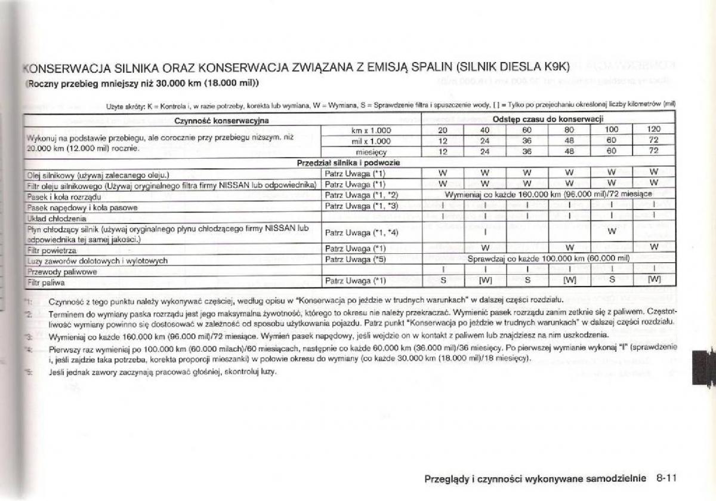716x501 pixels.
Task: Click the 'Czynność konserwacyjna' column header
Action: [x=221, y=121]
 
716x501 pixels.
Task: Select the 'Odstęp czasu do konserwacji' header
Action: [x=548, y=119]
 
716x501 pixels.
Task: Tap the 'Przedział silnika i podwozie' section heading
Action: [x=348, y=162]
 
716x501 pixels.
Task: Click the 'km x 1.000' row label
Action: [x=371, y=131]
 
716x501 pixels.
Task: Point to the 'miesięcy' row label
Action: [x=371, y=152]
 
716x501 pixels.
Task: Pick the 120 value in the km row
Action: [x=653, y=130]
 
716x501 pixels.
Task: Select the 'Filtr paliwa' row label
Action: [x=45, y=281]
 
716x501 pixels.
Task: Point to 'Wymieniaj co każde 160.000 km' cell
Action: [x=548, y=195]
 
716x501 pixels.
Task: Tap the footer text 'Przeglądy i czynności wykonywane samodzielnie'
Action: [x=535, y=478]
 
